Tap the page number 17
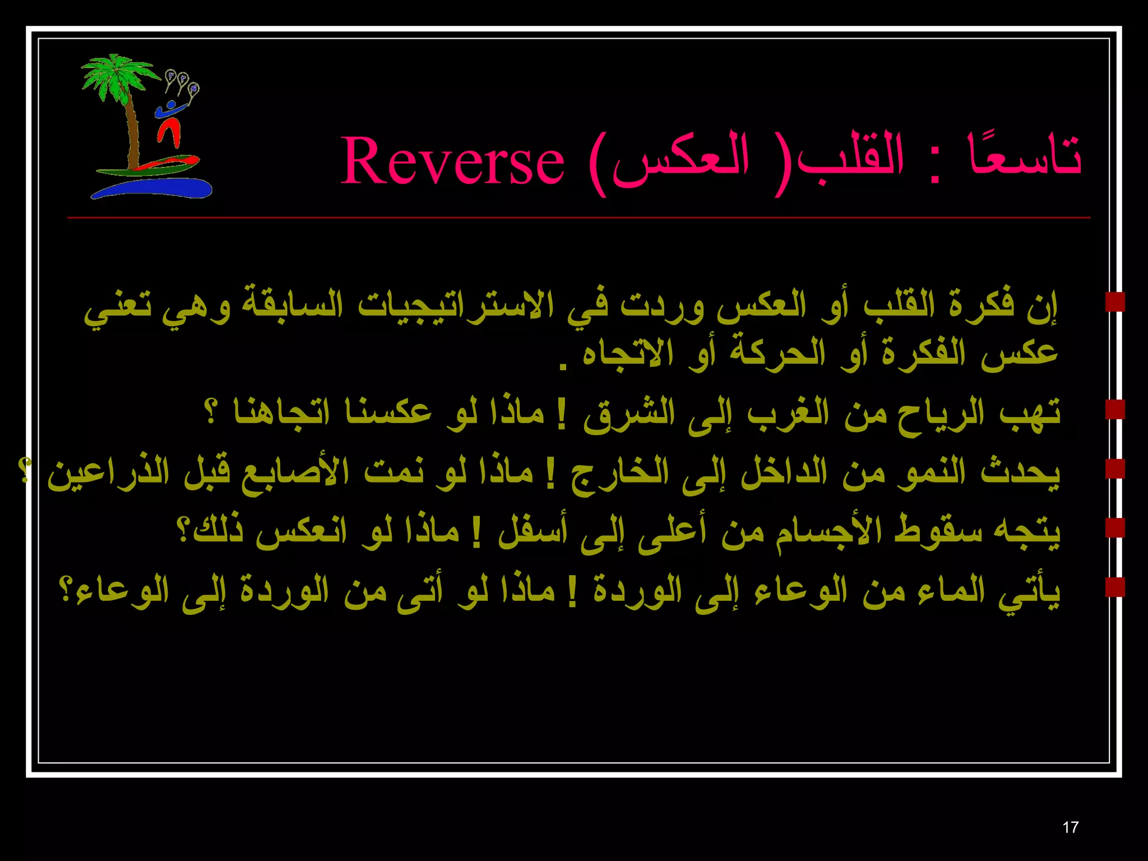pos(1070,827)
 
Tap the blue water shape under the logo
pos(151,188)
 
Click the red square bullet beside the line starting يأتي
pos(1115,587)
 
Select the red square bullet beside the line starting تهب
pos(1115,409)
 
